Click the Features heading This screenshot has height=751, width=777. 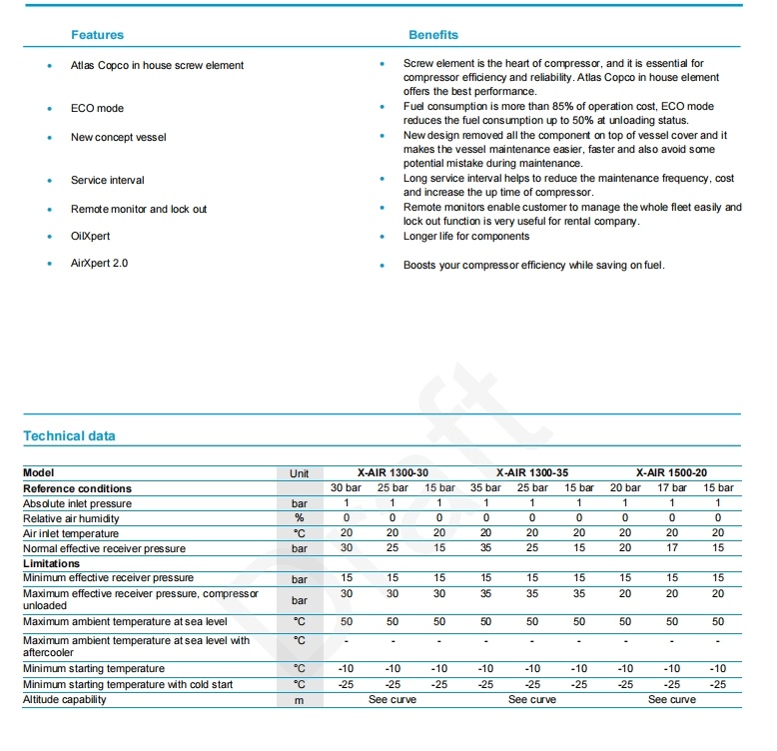point(97,35)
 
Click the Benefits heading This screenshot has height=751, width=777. point(433,35)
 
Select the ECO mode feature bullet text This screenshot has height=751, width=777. point(97,108)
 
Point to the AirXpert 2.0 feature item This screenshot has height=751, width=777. point(99,264)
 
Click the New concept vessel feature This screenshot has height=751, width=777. point(118,137)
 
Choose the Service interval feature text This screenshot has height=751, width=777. point(107,181)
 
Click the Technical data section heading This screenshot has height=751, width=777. point(69,436)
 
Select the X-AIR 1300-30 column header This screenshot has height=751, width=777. point(392,472)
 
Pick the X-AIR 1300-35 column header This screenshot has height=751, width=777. point(532,472)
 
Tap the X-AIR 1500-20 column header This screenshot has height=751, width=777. point(672,472)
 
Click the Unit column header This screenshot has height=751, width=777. point(300,473)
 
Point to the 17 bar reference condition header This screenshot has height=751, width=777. point(672,488)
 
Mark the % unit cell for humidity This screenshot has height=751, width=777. point(300,518)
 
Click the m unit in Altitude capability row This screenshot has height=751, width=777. point(300,700)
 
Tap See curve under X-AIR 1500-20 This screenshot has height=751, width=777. point(672,700)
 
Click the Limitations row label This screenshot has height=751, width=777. point(51,563)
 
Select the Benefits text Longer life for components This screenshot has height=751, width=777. point(466,237)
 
